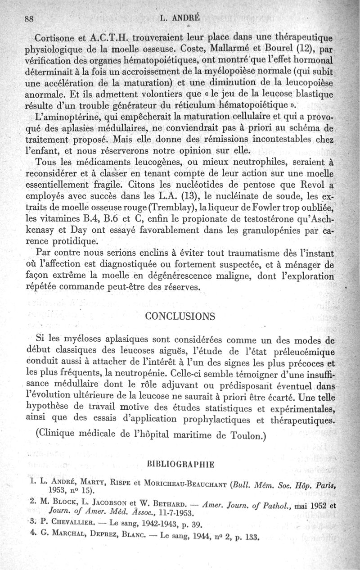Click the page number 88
click(x=30, y=19)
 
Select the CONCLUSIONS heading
click(x=180, y=316)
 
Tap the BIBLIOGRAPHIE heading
click(x=180, y=463)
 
